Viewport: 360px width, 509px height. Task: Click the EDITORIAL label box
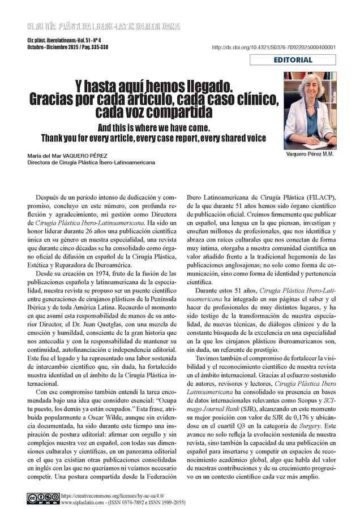pos(293,60)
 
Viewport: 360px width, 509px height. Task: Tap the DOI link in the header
pos(274,48)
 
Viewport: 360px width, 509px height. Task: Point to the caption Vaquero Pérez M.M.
pos(308,154)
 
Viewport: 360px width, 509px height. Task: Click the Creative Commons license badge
pos(42,498)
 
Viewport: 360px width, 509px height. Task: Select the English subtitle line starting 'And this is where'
pos(153,127)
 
